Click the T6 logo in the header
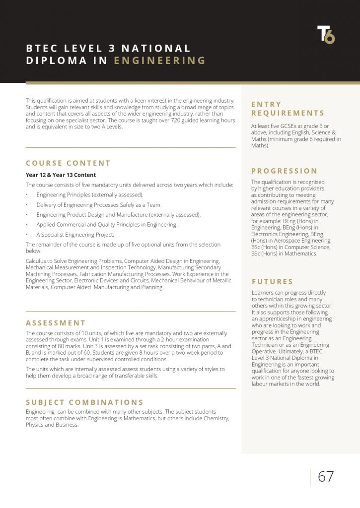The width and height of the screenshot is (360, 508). pos(326,34)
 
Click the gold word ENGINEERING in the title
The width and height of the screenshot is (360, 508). pos(159,61)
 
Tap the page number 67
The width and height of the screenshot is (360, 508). pos(326,477)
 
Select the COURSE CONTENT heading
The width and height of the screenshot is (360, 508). pos(68,163)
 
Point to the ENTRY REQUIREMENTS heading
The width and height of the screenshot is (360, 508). pos(288,109)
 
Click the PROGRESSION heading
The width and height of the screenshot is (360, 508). pos(284,171)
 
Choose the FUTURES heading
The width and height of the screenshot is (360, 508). pos(272,281)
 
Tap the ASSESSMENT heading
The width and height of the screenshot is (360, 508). pos(56,323)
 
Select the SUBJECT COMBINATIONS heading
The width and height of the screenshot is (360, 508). pos(84,402)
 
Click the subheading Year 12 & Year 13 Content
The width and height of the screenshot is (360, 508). pos(61,175)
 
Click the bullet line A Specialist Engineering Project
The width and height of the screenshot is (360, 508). pos(75,235)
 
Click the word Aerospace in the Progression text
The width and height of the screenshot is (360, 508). pos(290,240)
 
